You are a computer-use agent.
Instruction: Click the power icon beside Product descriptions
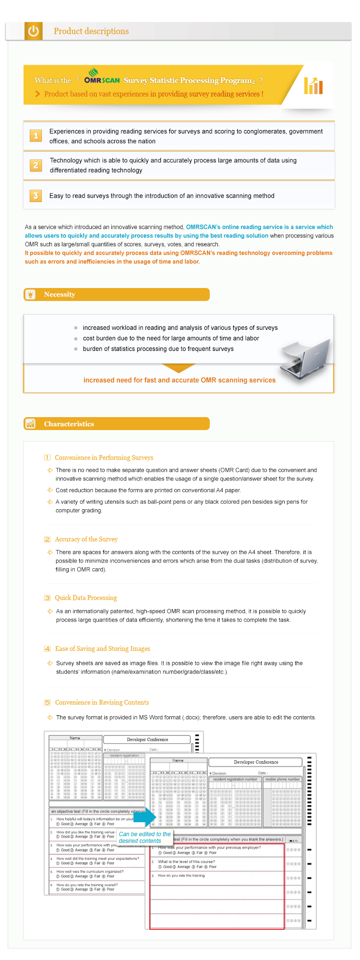[x=33, y=31]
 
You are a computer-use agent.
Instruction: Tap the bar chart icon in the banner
[x=313, y=85]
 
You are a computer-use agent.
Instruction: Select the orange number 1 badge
[x=36, y=136]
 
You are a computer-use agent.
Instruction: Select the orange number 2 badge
[x=36, y=165]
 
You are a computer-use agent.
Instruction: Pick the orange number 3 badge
[x=36, y=195]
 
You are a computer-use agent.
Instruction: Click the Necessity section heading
[x=60, y=294]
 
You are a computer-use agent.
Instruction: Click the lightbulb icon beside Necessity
[x=31, y=294]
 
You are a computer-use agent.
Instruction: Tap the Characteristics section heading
[x=69, y=424]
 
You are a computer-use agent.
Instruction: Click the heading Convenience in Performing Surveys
[x=104, y=457]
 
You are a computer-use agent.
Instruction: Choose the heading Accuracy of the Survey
[x=86, y=539]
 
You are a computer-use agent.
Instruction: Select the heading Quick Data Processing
[x=85, y=598]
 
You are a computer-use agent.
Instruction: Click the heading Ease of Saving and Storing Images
[x=102, y=648]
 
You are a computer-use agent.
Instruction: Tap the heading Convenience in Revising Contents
[x=102, y=702]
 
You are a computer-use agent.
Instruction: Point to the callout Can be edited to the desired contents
[x=144, y=837]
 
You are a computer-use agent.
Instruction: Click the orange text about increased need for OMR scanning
[x=180, y=380]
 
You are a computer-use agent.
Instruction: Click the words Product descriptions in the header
[x=91, y=31]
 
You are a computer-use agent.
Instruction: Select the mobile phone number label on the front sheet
[x=282, y=779]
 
